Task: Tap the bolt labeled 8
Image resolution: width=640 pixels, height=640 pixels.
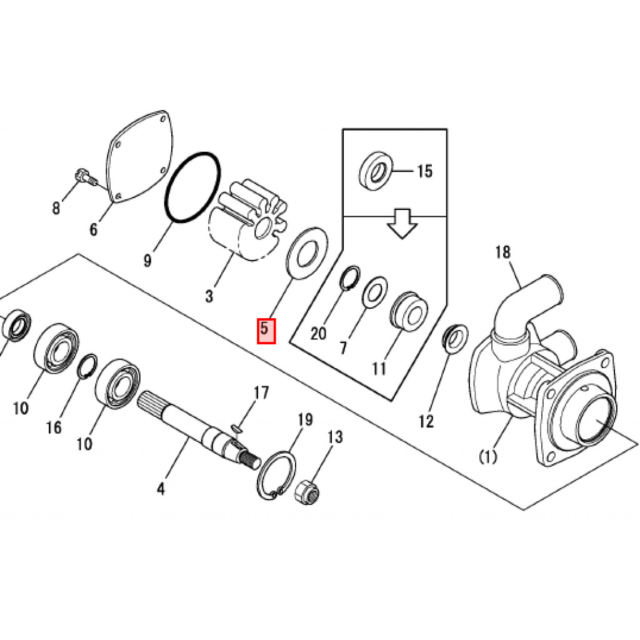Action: point(82,177)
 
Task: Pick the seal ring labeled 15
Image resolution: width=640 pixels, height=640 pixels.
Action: point(376,169)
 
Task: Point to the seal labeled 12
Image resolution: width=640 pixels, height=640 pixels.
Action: point(454,338)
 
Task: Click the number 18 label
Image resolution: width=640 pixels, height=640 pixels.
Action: point(502,252)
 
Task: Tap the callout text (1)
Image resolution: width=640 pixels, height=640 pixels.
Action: point(487,457)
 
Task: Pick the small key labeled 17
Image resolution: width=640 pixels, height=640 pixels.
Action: point(236,428)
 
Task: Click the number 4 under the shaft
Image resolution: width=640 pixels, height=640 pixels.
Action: point(161,489)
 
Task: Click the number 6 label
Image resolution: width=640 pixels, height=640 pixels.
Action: point(93,230)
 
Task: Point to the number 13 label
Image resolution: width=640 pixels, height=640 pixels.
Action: point(335,437)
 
